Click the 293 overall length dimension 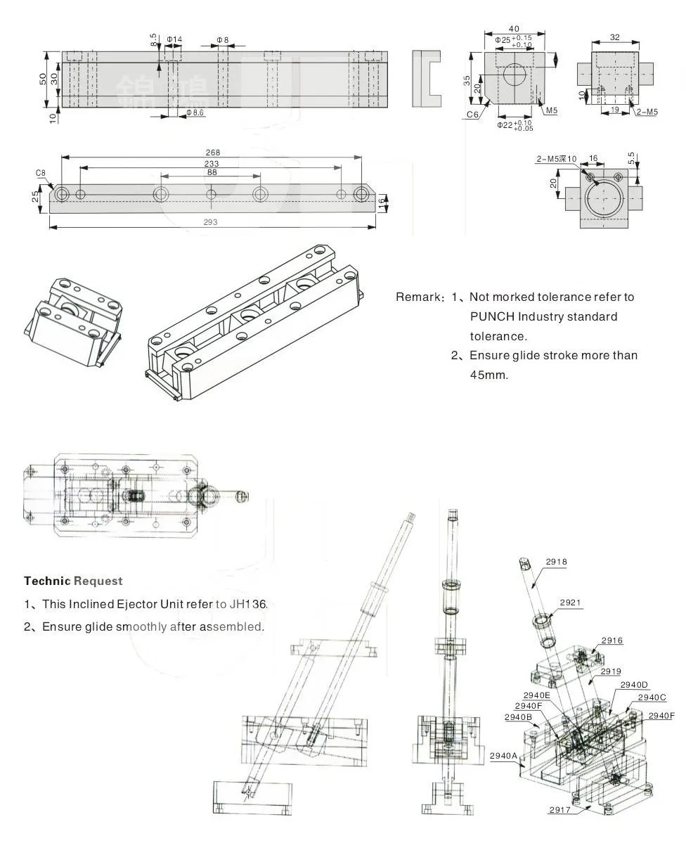click(211, 222)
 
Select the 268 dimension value click(213, 153)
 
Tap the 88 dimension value click(212, 172)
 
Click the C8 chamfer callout click(41, 172)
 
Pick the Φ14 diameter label click(174, 40)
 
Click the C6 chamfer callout click(472, 114)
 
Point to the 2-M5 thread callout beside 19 click(647, 112)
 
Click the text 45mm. click(488, 375)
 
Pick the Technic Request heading click(73, 581)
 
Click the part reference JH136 click(252, 604)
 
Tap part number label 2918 click(556, 562)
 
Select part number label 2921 click(571, 603)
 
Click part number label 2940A click(504, 756)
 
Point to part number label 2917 click(560, 810)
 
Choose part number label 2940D click(634, 684)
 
